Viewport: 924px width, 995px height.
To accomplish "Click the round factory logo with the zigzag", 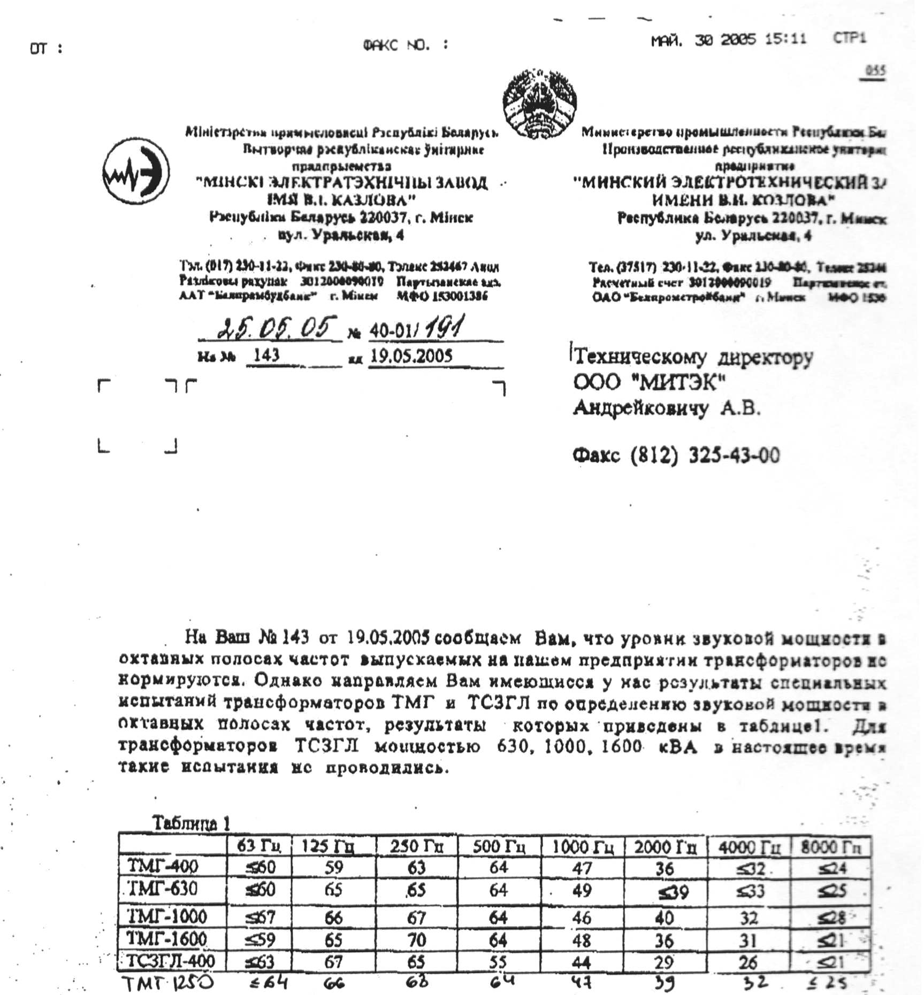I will pyautogui.click(x=136, y=172).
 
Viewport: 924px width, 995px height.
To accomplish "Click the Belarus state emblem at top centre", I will pyautogui.click(x=539, y=105).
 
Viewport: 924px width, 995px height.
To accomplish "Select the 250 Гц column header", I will pyautogui.click(x=416, y=847).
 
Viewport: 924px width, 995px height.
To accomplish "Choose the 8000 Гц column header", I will pyautogui.click(x=831, y=847).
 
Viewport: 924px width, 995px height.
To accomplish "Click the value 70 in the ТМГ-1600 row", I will pyautogui.click(x=416, y=939).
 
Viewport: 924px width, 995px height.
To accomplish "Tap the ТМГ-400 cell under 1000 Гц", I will pyautogui.click(x=582, y=867).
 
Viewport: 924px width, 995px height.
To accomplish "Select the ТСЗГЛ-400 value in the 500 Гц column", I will pyautogui.click(x=498, y=961).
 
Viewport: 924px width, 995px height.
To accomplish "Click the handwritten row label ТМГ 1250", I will pyautogui.click(x=168, y=983).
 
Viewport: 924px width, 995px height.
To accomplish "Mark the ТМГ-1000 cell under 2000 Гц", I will pyautogui.click(x=664, y=917).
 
